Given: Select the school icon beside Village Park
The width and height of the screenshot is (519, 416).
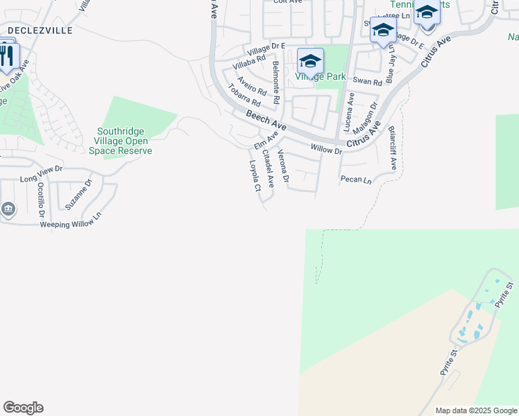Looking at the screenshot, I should coord(310,60).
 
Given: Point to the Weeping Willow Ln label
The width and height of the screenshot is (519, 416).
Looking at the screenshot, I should coord(70,220).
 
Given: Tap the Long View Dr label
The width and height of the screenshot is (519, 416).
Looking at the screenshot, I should coord(42,174).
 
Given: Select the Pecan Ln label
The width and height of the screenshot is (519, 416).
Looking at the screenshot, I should coord(356,180).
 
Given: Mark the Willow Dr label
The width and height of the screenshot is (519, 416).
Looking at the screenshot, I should coord(326,149).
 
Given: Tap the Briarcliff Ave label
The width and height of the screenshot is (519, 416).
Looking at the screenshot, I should coord(392,148).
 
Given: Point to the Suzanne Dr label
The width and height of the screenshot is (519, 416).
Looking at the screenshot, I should coord(78,196).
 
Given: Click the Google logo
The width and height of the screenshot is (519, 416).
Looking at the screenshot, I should coord(23,408).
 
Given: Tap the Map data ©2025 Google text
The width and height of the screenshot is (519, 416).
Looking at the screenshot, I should coord(477,410).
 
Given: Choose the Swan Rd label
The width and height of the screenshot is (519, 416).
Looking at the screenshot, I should coord(367,81).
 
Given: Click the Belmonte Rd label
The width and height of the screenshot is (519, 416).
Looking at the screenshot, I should coord(275,83).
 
